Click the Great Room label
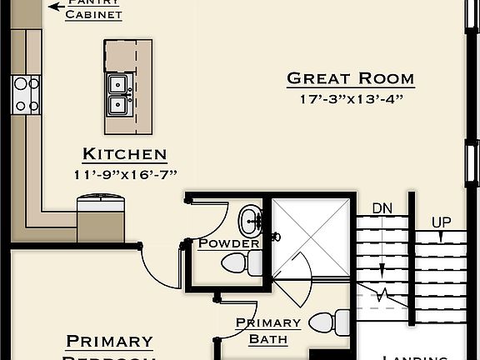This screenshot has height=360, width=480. (x=350, y=79)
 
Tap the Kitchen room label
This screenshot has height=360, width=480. (x=124, y=154)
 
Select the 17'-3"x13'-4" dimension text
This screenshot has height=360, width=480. (x=350, y=100)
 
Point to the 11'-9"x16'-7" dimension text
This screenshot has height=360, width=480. (x=124, y=174)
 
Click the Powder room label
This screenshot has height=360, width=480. (x=228, y=243)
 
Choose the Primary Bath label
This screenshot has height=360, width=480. (x=267, y=331)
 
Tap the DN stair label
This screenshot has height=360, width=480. (x=382, y=207)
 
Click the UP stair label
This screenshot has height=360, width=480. (x=442, y=222)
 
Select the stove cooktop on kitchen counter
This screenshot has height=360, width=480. (x=25, y=94)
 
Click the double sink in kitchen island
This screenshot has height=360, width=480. (x=119, y=94)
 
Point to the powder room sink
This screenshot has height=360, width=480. (x=249, y=221)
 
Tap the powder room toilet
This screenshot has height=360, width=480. (x=239, y=263)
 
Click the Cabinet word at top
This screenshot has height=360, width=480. (x=94, y=15)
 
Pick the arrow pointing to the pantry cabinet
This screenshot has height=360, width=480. (x=57, y=6)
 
